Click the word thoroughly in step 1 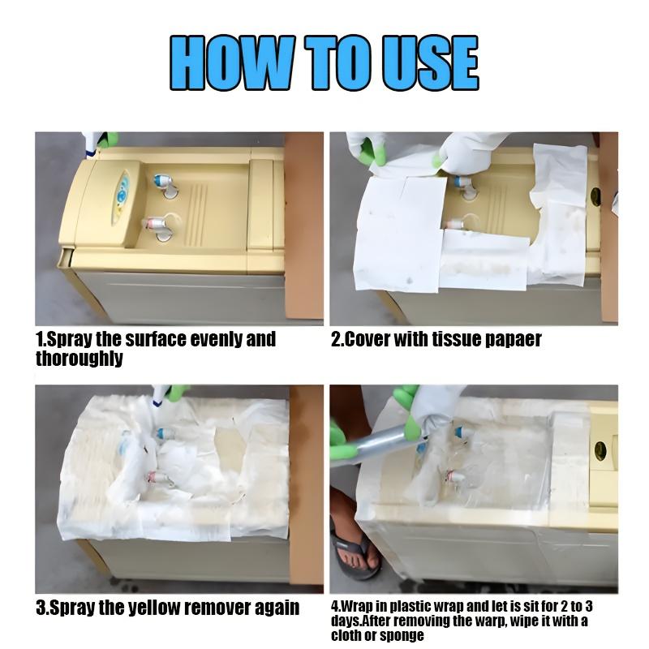pos(79,358)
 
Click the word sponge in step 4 pos(402,635)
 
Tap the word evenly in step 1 pos(213,339)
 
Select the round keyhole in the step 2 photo pos(595,196)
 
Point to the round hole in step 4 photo pos(600,451)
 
